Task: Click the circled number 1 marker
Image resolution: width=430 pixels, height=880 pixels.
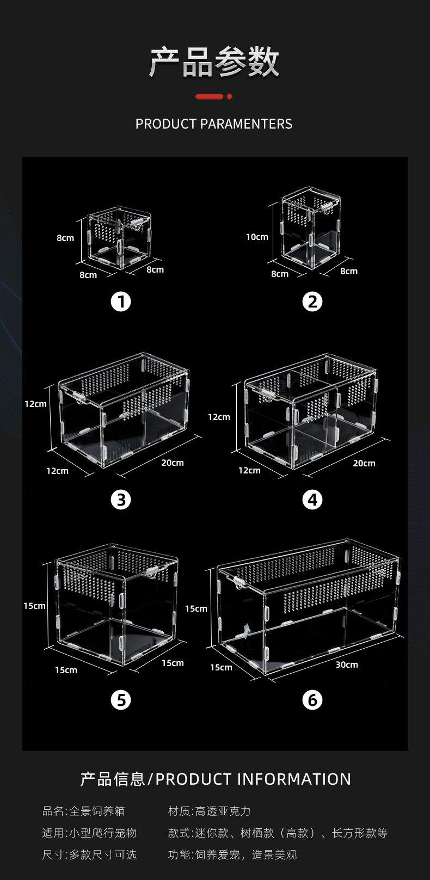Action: point(121,301)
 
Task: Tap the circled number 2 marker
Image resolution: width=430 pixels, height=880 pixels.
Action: point(312,301)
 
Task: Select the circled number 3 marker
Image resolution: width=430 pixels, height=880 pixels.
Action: point(121,500)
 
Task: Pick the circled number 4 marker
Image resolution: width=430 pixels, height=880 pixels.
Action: point(312,500)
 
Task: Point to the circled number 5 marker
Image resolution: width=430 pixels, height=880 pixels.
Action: point(121,700)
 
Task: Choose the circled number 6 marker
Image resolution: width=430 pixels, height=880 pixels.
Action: point(312,700)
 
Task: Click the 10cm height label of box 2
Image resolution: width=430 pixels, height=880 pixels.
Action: point(257,237)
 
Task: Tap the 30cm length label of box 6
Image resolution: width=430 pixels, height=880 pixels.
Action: point(347,664)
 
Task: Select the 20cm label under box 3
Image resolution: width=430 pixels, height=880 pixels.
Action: point(173,463)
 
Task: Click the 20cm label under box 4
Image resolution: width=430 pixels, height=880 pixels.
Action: point(364,463)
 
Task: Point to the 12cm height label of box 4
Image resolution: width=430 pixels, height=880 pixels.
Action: point(219,417)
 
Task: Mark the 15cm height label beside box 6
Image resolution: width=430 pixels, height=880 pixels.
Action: point(196,608)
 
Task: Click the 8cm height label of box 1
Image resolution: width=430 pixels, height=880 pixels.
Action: point(65,238)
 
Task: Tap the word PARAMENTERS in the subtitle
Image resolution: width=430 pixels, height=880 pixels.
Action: point(247,124)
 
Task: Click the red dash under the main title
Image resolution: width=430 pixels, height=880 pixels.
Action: point(209,96)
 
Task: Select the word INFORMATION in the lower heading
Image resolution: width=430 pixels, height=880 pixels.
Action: point(294,779)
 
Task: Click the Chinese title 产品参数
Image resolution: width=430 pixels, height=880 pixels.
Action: point(214,62)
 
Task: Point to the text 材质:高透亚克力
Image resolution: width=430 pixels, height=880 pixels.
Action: point(209,811)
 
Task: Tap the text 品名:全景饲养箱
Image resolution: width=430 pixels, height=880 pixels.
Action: point(84,811)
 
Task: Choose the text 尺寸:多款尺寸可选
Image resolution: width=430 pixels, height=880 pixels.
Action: point(90,854)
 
